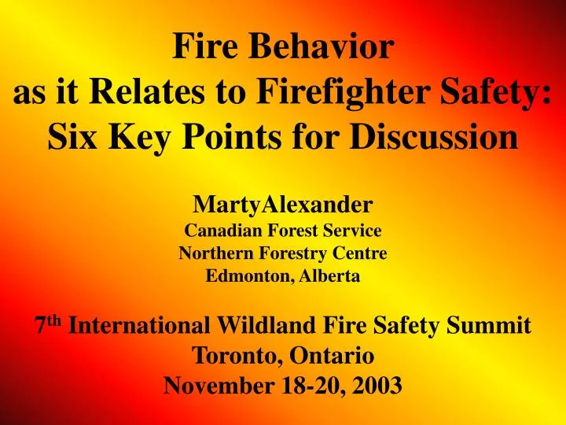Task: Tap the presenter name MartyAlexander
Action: point(283,206)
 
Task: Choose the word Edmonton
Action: point(239,276)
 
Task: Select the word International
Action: point(139,326)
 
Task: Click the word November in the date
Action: point(211,386)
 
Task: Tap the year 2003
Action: point(374,386)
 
